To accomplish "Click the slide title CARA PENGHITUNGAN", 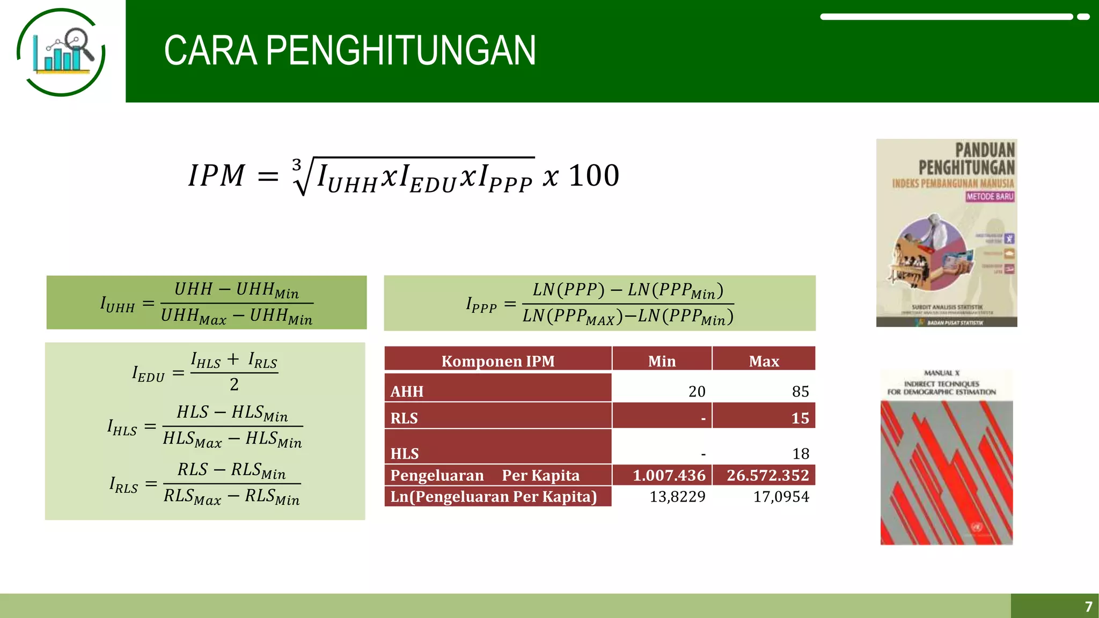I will [x=350, y=50].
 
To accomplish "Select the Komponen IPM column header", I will [x=498, y=361].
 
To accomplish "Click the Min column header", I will [x=662, y=361].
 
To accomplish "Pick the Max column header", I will [x=764, y=361].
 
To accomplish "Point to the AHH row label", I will [x=407, y=392].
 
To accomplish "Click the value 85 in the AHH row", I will [x=800, y=392].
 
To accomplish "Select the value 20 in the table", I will [x=697, y=392].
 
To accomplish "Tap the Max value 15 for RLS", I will [x=800, y=418].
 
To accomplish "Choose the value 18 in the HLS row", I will [x=801, y=454].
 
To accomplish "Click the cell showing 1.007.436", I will [x=669, y=475].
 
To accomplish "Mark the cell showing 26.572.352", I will [x=767, y=475].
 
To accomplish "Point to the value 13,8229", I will [x=677, y=497].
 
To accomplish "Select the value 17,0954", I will [x=781, y=497].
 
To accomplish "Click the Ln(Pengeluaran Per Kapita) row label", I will [x=493, y=497].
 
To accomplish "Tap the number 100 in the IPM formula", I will [x=594, y=175].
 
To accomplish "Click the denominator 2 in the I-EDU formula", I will [x=234, y=385].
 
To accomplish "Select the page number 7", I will [x=1088, y=607].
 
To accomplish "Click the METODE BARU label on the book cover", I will [x=990, y=197].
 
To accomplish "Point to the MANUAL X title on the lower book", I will [x=942, y=373].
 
